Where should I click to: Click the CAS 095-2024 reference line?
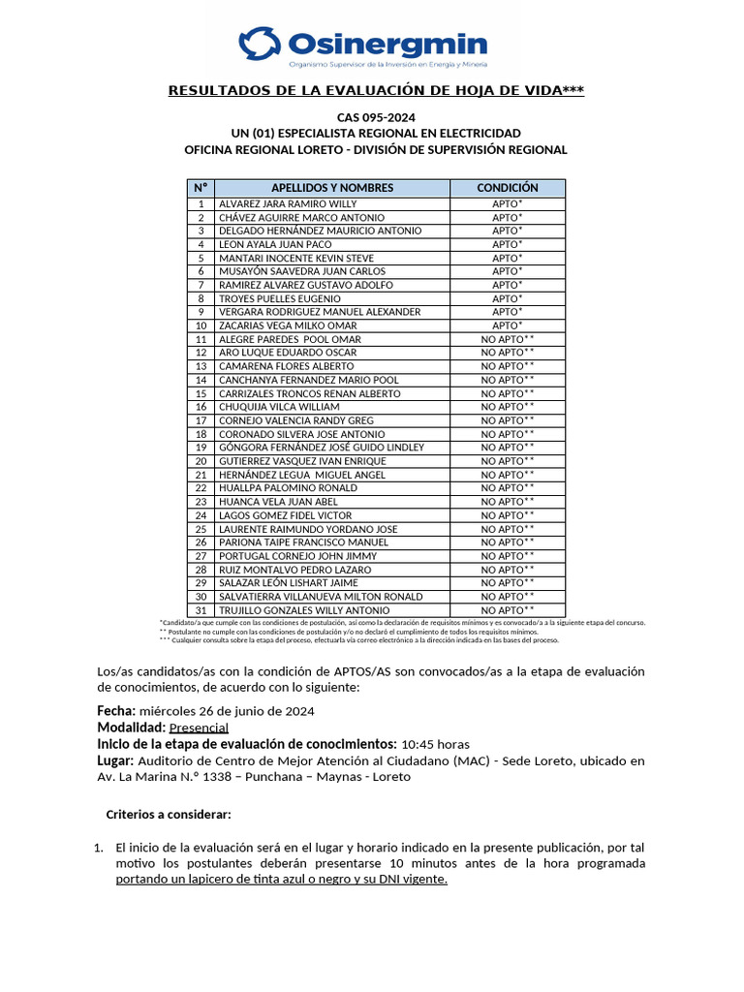click(376, 116)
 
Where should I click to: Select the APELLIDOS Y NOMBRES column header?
click(332, 188)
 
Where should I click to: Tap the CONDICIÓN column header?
click(507, 188)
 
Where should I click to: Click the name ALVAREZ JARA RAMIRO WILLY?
click(288, 204)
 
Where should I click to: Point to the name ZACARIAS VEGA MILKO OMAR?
click(288, 326)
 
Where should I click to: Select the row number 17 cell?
click(201, 421)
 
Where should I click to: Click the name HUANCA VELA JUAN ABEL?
click(277, 503)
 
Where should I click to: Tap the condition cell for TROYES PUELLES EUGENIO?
click(507, 299)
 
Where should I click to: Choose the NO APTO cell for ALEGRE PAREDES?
click(508, 340)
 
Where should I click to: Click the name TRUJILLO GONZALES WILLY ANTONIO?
click(304, 611)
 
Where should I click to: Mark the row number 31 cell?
click(201, 611)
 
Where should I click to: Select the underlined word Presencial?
click(199, 728)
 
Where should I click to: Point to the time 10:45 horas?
click(435, 744)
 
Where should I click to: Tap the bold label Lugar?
click(115, 760)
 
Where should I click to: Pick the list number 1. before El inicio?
click(99, 848)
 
